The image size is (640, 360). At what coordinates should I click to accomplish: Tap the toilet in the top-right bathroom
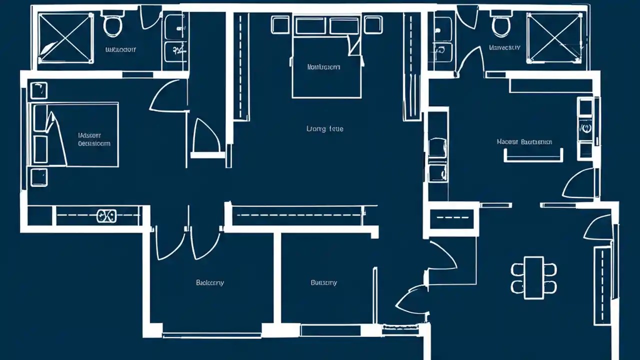tap(500, 25)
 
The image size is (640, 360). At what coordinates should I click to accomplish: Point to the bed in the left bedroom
tap(75, 135)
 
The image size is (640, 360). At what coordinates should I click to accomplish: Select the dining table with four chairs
tap(534, 278)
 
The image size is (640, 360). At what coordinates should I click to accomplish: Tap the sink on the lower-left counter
tap(106, 216)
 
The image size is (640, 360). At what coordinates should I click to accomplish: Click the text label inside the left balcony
tap(209, 283)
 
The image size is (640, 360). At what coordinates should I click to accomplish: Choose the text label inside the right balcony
tap(323, 283)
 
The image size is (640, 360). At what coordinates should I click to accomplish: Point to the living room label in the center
tap(324, 129)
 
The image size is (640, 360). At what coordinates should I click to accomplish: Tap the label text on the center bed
tap(323, 66)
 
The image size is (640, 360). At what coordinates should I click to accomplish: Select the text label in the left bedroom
tap(93, 139)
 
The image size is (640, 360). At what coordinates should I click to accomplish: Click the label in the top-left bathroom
tap(121, 50)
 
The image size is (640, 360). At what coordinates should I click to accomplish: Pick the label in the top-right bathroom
tap(504, 48)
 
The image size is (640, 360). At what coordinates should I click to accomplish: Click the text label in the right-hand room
tap(524, 142)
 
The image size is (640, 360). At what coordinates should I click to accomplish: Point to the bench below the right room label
tap(533, 156)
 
